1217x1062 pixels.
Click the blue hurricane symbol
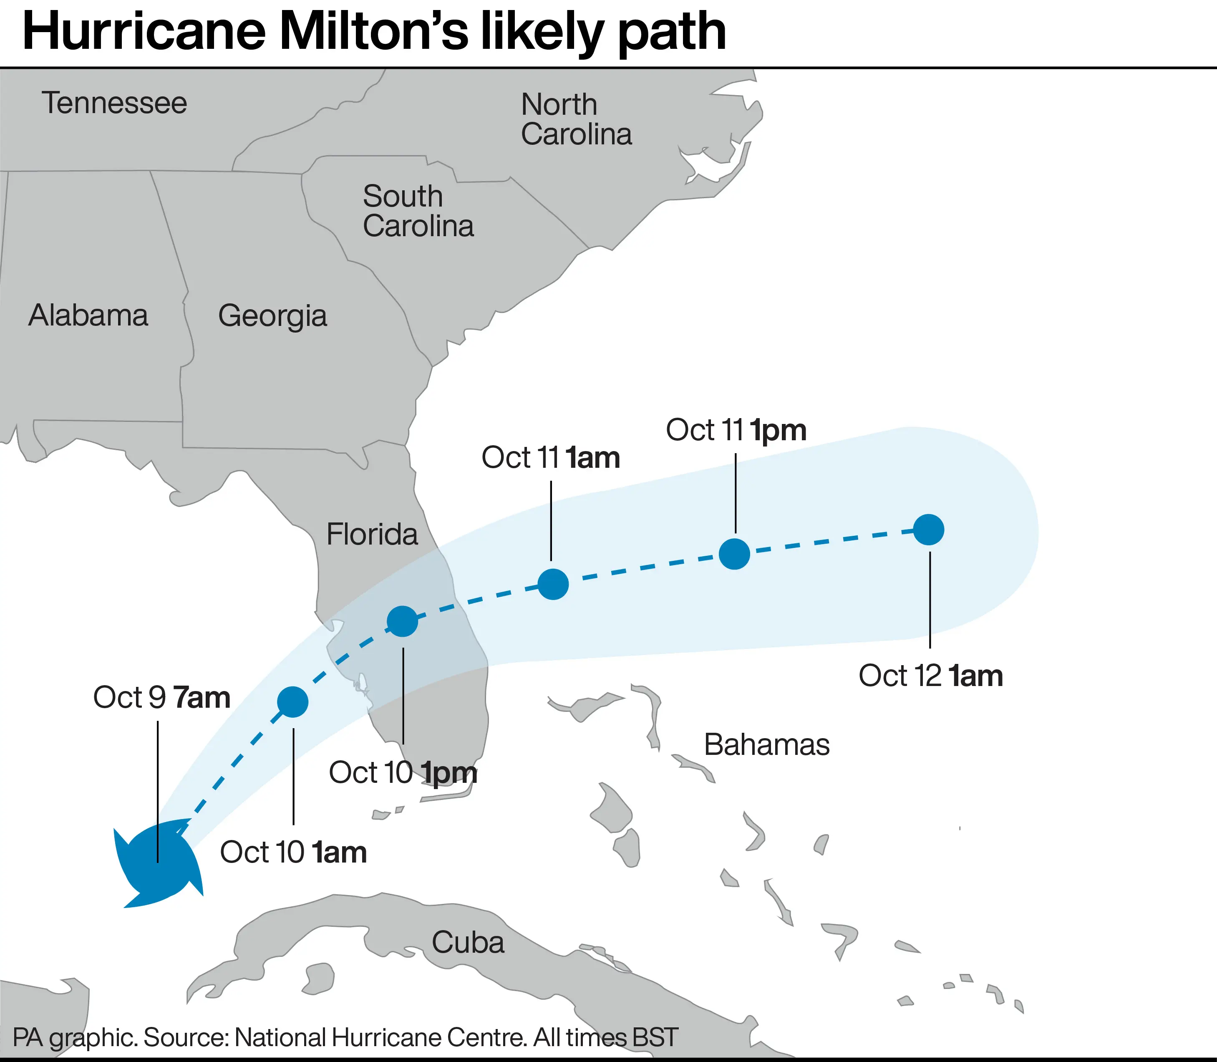tap(158, 862)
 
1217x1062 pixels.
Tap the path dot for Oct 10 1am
tap(293, 702)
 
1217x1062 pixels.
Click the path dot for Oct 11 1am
tap(553, 584)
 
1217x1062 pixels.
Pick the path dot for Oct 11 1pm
tap(735, 554)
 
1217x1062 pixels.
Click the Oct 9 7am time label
tap(162, 698)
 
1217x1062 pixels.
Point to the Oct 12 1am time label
tap(930, 676)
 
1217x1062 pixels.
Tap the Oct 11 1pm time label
tap(736, 430)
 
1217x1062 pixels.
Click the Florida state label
tap(372, 534)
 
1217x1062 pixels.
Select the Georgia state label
tap(272, 316)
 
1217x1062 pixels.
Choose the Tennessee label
tap(114, 103)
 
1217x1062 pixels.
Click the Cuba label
tap(468, 942)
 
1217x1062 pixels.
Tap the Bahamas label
tap(767, 744)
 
